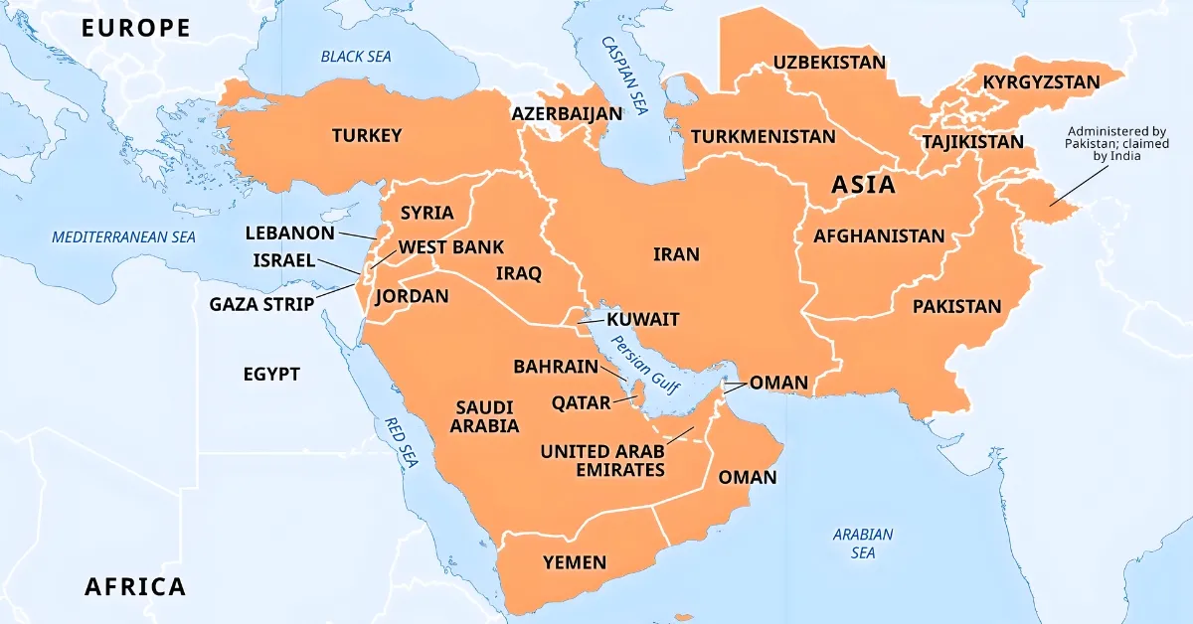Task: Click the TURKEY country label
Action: pos(367,135)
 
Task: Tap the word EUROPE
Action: pos(136,28)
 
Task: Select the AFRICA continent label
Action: pos(135,586)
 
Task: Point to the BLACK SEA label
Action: pos(356,57)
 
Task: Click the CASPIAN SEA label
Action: pos(624,76)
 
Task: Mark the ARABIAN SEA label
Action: pos(862,543)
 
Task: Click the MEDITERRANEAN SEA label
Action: pos(124,236)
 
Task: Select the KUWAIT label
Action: pos(642,319)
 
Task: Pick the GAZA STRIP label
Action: pos(261,303)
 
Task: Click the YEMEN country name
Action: pos(574,562)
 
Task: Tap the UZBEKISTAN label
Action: pos(829,63)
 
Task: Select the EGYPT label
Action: pos(271,374)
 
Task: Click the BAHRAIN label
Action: pos(556,367)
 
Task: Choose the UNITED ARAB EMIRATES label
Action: pos(602,460)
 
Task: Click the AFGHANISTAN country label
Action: pos(879,236)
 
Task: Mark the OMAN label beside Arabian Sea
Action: pos(747,477)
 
